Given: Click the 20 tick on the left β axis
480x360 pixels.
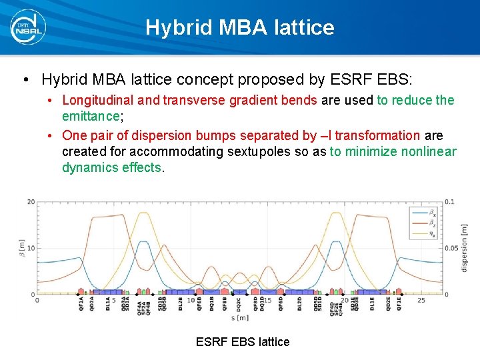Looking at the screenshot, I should point(31,202).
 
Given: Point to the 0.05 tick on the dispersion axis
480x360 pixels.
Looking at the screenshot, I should point(451,248).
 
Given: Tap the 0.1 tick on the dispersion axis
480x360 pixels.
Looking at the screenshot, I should point(450,202).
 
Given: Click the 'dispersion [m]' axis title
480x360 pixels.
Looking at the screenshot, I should point(465,248).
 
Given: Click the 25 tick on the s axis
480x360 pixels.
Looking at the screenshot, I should point(421,301).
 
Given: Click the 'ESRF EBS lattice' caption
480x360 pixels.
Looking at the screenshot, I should point(243,342).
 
